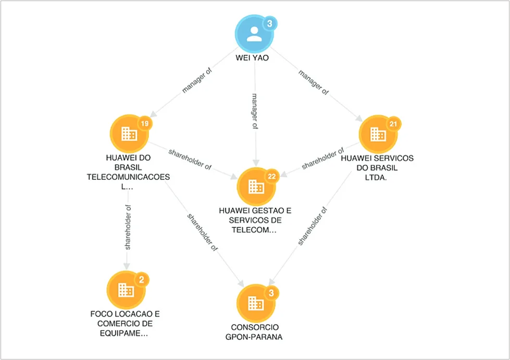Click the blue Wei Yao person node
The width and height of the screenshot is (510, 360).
(x=254, y=33)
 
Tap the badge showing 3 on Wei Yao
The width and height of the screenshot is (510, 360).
(x=270, y=24)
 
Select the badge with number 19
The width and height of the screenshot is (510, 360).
(x=145, y=123)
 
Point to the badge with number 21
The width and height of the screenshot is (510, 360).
(x=393, y=124)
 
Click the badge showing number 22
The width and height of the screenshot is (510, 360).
(x=272, y=177)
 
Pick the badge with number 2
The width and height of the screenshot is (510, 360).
(x=142, y=280)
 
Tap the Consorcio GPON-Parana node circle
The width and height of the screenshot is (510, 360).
(x=256, y=303)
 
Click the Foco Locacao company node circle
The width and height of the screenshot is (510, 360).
(x=126, y=290)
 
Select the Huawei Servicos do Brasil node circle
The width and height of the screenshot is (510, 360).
(x=378, y=134)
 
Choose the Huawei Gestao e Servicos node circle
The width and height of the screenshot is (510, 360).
(x=256, y=187)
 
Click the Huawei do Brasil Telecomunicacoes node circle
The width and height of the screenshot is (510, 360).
(x=129, y=134)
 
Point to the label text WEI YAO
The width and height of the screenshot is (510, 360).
(x=253, y=58)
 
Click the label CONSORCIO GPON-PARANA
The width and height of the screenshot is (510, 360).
(x=254, y=332)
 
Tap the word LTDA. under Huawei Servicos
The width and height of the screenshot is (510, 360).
(x=376, y=178)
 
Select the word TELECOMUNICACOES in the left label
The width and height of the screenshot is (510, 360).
(x=128, y=177)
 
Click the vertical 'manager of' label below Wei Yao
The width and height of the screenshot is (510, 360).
(x=255, y=111)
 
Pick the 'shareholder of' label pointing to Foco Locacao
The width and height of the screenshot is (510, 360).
(x=128, y=227)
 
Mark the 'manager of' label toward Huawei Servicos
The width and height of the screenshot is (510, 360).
(x=314, y=83)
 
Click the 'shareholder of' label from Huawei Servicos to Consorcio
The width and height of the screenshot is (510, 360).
(x=312, y=226)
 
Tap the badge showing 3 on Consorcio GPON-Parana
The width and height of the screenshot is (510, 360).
(x=271, y=293)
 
